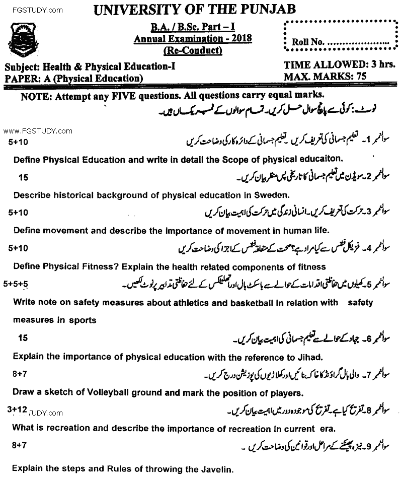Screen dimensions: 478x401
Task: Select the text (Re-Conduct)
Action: pyautogui.click(x=193, y=50)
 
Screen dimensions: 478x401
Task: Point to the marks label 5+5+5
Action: pyautogui.click(x=16, y=285)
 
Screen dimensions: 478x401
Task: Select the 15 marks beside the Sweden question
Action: pyautogui.click(x=23, y=177)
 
